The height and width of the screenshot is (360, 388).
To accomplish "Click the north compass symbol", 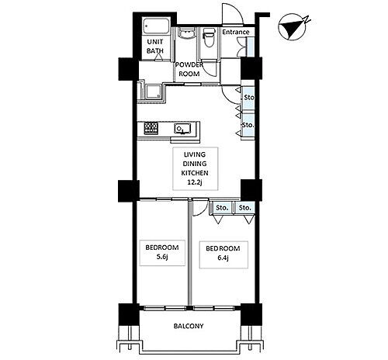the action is (x=293, y=28).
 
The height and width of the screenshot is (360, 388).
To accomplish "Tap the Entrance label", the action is (x=236, y=32).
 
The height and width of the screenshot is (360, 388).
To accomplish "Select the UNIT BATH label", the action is (x=155, y=47).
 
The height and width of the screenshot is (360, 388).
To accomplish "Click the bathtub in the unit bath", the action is (x=156, y=26).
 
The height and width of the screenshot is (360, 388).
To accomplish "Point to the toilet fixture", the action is (x=209, y=37).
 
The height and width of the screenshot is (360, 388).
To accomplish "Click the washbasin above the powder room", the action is (x=185, y=33).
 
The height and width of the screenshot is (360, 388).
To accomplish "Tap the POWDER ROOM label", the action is (x=189, y=69).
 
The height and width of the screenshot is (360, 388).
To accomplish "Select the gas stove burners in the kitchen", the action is (x=151, y=128).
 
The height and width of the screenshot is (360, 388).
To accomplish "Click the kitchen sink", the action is (x=182, y=128).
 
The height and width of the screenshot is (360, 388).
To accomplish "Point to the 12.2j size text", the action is (x=195, y=182).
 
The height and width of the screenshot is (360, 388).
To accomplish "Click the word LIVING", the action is (x=195, y=154).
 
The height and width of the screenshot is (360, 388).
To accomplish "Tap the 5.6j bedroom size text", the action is (x=162, y=257).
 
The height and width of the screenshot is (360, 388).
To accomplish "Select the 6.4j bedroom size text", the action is (x=223, y=258).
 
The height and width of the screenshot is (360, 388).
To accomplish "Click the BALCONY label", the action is (x=189, y=326).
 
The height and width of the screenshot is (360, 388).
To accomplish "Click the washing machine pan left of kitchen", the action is (x=154, y=92).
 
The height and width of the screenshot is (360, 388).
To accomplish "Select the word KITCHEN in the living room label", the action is (x=195, y=173).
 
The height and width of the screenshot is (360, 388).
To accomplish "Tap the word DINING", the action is (x=195, y=164).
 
